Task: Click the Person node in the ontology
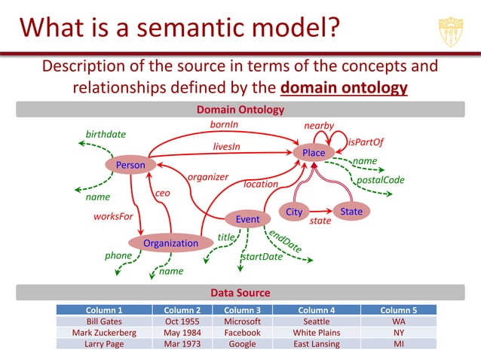[130, 165]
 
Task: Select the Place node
[314, 153]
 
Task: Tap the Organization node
[170, 243]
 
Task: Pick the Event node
[247, 219]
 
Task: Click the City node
[294, 212]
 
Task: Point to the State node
[351, 212]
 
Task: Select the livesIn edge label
[226, 146]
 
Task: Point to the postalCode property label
[380, 180]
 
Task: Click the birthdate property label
[106, 134]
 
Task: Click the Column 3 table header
[242, 310]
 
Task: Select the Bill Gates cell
[104, 321]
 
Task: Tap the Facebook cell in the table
[242, 332]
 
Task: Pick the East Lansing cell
[317, 343]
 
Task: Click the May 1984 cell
[181, 332]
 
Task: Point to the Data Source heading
[240, 292]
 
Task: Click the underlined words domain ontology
[344, 88]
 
